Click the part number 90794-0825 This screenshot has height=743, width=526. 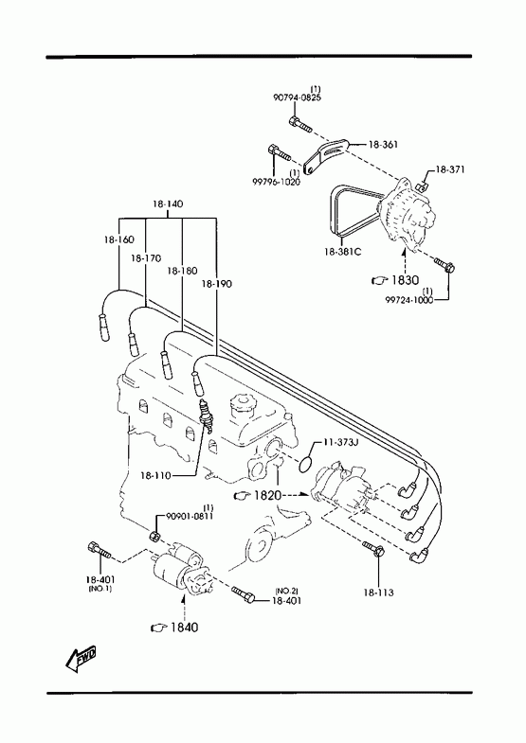(297, 97)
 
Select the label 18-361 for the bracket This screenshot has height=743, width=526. (383, 145)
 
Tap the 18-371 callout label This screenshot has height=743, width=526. (450, 169)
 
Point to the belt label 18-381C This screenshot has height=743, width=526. (342, 252)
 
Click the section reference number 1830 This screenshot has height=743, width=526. (405, 280)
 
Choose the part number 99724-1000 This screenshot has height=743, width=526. (408, 300)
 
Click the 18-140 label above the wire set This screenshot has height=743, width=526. (168, 204)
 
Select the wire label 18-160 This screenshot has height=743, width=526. (119, 239)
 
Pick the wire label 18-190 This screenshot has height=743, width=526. (217, 284)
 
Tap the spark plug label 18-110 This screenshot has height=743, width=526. (155, 475)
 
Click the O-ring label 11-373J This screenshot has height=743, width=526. (340, 442)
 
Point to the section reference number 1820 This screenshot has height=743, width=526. (268, 496)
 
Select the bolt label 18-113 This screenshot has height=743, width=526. (378, 593)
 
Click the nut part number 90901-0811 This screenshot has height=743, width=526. (190, 516)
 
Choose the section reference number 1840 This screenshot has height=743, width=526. (185, 628)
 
